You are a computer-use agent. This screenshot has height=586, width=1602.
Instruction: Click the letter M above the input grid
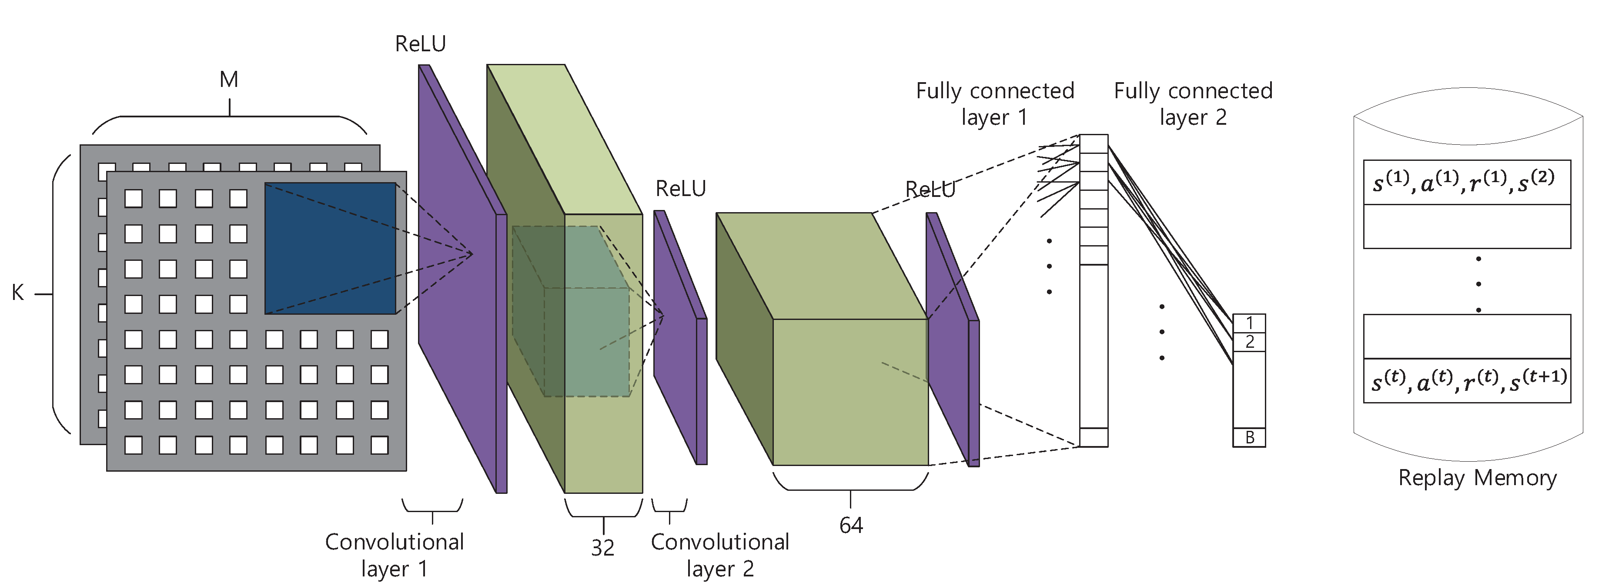(229, 80)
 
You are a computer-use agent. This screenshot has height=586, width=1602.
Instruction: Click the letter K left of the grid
(17, 293)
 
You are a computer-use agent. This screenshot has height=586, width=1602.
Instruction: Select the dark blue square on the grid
(330, 248)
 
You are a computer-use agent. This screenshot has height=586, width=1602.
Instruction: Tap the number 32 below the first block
(602, 547)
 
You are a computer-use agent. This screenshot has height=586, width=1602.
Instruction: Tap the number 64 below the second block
(851, 526)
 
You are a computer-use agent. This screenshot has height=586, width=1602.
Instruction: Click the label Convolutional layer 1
(394, 555)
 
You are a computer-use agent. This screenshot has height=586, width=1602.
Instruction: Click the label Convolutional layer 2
(719, 555)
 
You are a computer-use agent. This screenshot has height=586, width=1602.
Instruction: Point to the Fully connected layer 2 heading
(1193, 103)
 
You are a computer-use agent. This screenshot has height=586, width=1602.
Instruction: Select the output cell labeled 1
(1249, 323)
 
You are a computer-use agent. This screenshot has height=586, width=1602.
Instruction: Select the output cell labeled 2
(1249, 342)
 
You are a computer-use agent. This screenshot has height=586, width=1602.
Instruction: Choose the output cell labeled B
(1249, 437)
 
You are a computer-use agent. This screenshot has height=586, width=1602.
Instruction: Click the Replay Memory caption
(1477, 478)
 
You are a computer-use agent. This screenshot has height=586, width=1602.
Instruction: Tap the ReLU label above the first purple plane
(421, 44)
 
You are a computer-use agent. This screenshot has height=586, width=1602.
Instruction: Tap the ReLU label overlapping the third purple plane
(930, 189)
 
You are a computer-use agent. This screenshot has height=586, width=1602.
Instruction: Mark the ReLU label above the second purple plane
(680, 188)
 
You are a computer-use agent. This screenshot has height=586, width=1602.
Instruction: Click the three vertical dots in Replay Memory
(1478, 284)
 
